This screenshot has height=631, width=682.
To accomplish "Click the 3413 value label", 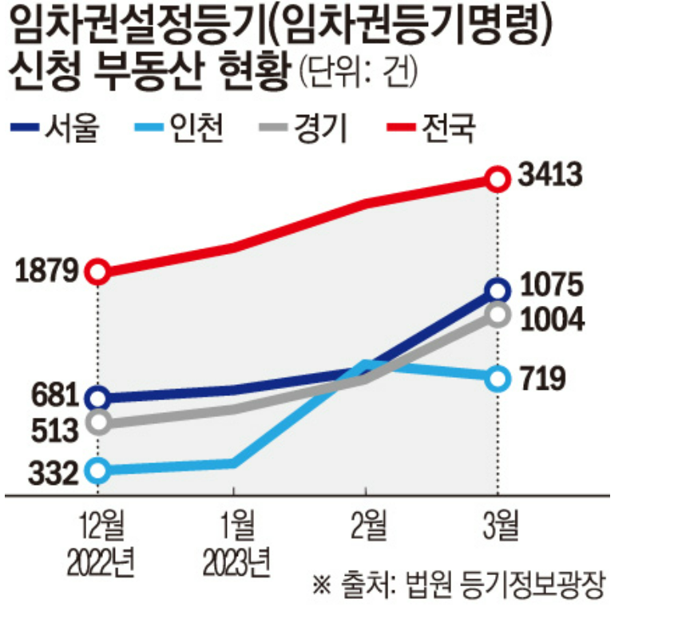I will pos(549,176).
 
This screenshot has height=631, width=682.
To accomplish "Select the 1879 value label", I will pos(46,272).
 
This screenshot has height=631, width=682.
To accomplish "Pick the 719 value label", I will pos(542,378).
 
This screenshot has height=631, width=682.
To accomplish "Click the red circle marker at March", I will pos(498,178).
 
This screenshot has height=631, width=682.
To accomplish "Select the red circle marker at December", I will pos(97,272).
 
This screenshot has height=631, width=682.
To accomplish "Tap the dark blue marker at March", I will pos(498,289).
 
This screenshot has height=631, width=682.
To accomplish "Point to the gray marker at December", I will pos(97,423).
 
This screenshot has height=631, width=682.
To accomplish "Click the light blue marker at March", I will pos(498,378).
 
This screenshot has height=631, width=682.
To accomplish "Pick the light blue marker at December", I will pos(97,470).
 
